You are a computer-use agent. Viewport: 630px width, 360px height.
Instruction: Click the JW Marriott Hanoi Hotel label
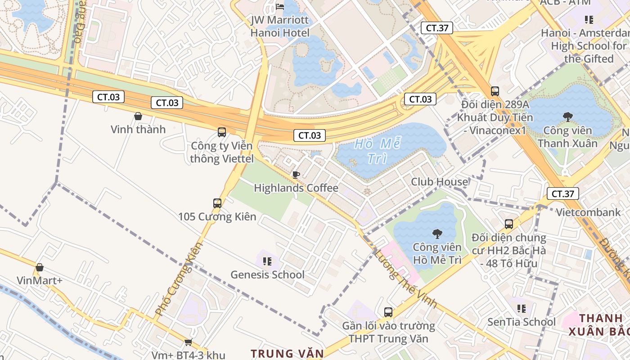click(x=280, y=27)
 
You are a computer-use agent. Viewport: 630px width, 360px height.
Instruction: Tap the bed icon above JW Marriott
click(x=280, y=6)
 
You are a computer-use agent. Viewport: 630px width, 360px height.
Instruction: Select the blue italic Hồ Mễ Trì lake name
click(x=378, y=151)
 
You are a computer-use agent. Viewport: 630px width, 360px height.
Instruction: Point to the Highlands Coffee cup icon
click(x=296, y=175)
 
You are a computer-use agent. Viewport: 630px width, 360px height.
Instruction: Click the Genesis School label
click(x=267, y=274)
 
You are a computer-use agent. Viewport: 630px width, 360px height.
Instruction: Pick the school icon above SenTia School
click(x=522, y=308)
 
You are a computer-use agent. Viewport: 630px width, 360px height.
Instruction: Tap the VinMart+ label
click(x=40, y=281)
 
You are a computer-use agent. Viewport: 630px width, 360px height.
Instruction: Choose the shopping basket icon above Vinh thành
click(x=138, y=116)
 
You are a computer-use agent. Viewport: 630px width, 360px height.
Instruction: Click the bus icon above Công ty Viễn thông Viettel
click(x=222, y=132)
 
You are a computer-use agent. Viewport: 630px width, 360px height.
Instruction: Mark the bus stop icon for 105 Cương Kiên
click(x=217, y=203)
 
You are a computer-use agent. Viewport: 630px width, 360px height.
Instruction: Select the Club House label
click(x=439, y=182)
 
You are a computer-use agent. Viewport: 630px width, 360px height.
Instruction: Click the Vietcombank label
click(x=588, y=212)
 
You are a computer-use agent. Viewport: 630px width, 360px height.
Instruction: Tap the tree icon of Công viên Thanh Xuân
click(x=567, y=117)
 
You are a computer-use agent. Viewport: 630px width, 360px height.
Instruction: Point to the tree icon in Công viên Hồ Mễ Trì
click(x=437, y=234)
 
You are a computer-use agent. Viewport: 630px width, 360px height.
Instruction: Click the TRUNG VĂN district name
click(x=287, y=354)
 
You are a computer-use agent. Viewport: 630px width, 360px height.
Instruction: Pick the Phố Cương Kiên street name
click(x=179, y=279)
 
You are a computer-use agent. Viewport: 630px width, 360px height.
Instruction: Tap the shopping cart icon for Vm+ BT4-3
click(x=188, y=342)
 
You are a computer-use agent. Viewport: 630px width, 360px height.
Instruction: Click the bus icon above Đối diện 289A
click(x=495, y=91)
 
